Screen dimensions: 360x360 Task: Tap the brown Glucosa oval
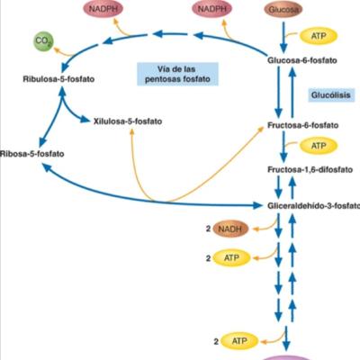coord(283,9)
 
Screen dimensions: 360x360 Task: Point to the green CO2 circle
coord(41,41)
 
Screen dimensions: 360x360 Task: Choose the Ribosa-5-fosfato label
coord(39,154)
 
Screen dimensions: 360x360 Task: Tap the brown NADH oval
coord(232,229)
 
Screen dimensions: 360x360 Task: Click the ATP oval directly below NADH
coord(233,259)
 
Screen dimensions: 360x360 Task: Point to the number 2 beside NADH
coord(207,229)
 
